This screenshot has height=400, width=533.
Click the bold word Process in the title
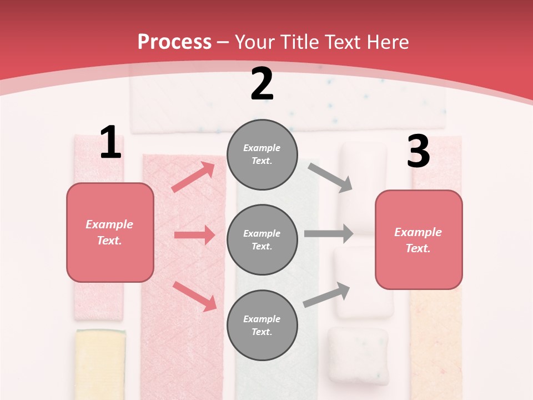pos(174,42)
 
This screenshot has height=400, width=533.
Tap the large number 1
pos(110,142)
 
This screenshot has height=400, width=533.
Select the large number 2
pos(262,84)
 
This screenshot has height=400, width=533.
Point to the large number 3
pos(418,152)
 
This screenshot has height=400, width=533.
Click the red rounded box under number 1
pos(110,232)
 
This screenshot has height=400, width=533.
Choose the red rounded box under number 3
pos(419,239)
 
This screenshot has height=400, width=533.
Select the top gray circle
pos(262,154)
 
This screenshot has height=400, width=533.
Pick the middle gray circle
pos(262,239)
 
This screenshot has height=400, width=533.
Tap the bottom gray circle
pos(262,325)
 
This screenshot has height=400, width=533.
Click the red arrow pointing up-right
pos(193,177)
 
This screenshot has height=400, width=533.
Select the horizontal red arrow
pos(194,236)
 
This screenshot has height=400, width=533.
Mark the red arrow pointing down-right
pos(194,296)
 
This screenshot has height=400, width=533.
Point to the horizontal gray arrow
pos(328,234)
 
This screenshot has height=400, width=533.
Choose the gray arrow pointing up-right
pos(327,294)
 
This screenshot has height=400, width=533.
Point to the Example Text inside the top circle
pos(262,154)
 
